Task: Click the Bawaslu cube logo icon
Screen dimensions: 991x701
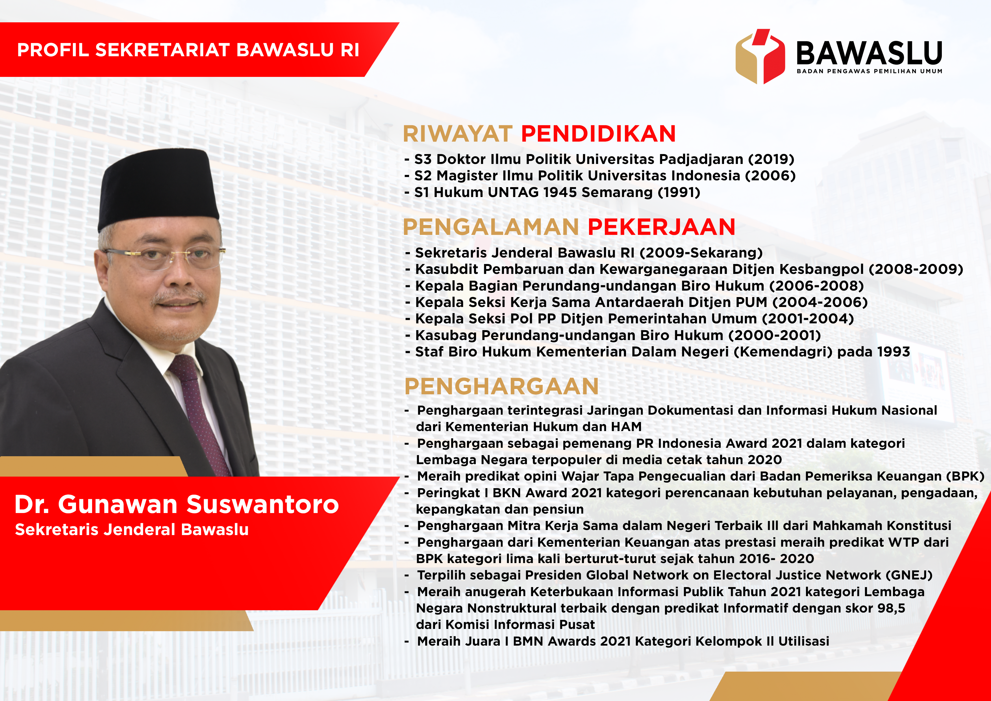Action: tap(760, 56)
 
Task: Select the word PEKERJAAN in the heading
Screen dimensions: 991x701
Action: tap(661, 227)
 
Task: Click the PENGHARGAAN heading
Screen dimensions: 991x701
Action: tap(501, 386)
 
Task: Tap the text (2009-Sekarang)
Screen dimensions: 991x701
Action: tap(701, 253)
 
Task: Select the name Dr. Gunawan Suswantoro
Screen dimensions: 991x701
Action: tap(177, 504)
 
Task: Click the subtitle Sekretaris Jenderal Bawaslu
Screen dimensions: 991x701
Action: tap(132, 529)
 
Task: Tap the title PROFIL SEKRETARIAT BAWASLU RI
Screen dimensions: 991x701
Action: tap(188, 50)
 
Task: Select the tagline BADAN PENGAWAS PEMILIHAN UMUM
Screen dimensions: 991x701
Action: tap(869, 71)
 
